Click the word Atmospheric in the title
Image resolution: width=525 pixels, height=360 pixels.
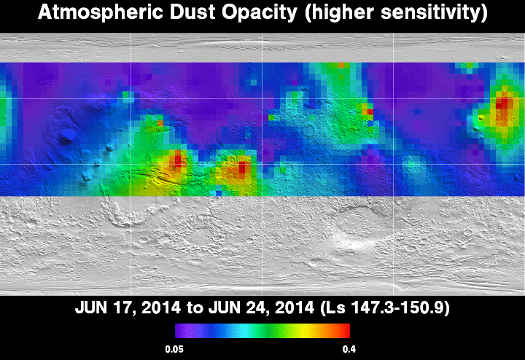coord(101,12)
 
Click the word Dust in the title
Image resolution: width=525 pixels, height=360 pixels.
coord(192,12)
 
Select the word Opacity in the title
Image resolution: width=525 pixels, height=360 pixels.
coord(260,13)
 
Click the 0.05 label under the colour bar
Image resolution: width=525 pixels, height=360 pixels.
coord(174,350)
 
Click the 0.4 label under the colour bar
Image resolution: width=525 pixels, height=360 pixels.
coord(349,350)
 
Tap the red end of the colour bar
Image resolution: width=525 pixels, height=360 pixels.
coord(346,331)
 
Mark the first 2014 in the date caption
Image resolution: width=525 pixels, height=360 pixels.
coord(161,308)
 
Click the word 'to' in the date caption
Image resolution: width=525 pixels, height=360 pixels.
coord(195,308)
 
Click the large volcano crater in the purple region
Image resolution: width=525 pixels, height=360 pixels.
coord(67,138)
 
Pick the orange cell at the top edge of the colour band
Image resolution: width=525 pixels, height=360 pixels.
coord(341,66)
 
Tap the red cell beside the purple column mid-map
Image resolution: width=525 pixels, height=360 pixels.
coord(370,111)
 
